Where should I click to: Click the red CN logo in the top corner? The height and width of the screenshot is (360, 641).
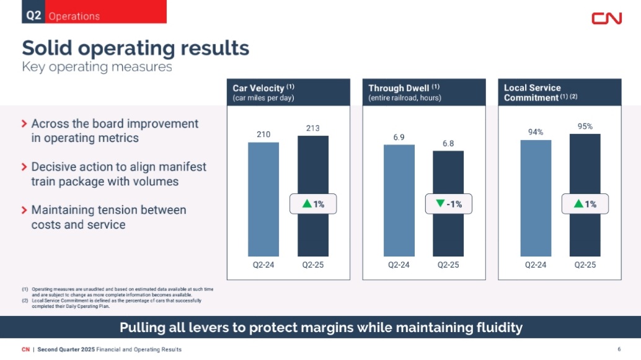pyautogui.click(x=607, y=19)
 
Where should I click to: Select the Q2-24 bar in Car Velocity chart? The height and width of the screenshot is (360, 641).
pyautogui.click(x=263, y=200)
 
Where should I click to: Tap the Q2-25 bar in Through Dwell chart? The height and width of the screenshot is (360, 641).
pyautogui.click(x=448, y=203)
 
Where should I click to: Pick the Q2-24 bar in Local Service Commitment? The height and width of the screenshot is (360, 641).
pyautogui.click(x=536, y=198)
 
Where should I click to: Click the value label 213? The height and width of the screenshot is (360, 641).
pyautogui.click(x=312, y=128)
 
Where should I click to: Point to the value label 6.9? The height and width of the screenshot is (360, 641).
pyautogui.click(x=399, y=138)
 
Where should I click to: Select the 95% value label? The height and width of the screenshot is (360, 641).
pyautogui.click(x=585, y=126)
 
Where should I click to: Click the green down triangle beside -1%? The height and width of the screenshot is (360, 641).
pyautogui.click(x=440, y=203)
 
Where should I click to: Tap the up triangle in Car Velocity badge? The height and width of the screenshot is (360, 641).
pyautogui.click(x=307, y=203)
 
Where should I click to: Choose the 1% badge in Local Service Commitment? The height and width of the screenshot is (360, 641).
pyautogui.click(x=585, y=203)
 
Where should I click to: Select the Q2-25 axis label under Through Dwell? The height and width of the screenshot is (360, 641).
pyautogui.click(x=448, y=265)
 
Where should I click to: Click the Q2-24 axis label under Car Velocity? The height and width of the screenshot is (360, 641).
pyautogui.click(x=263, y=265)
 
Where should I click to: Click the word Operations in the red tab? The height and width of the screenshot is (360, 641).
pyautogui.click(x=74, y=16)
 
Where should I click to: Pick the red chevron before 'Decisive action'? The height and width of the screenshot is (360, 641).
pyautogui.click(x=24, y=167)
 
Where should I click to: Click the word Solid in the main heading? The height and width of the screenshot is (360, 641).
pyautogui.click(x=47, y=48)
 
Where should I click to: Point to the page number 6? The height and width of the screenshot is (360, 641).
pyautogui.click(x=619, y=349)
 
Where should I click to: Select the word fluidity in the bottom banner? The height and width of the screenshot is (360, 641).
pyautogui.click(x=499, y=327)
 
